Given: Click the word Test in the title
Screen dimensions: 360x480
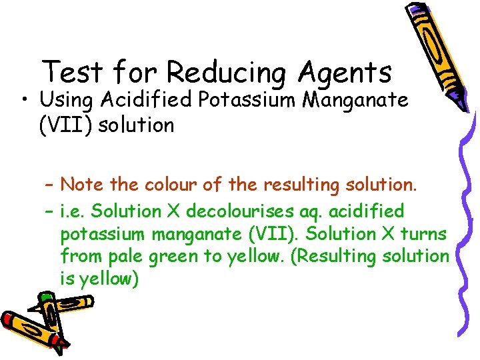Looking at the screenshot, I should (71, 71).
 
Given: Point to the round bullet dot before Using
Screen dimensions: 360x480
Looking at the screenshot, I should (24, 101).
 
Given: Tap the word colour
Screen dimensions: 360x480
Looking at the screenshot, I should (167, 183).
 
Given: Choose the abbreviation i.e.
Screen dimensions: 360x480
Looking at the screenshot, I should (73, 211).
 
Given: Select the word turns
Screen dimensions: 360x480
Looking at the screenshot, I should (424, 233).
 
